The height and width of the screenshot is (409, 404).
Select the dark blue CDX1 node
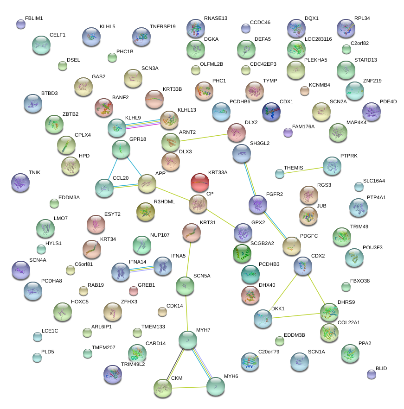coord(271,111)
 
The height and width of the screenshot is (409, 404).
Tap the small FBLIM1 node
coord(20,24)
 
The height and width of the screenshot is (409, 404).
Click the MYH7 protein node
coord(188,340)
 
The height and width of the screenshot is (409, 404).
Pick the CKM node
coord(163,387)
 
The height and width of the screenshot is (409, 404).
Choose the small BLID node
coord(371,374)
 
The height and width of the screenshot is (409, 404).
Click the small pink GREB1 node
coord(134,291)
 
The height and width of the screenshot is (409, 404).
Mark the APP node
coord(147,183)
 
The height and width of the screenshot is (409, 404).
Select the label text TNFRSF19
coord(162,26)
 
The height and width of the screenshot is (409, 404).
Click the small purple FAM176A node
coord(288,133)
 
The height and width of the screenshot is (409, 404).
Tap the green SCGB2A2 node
coord(242,253)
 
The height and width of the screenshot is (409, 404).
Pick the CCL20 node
coord(104,187)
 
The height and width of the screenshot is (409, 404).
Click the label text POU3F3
coord(372,247)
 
